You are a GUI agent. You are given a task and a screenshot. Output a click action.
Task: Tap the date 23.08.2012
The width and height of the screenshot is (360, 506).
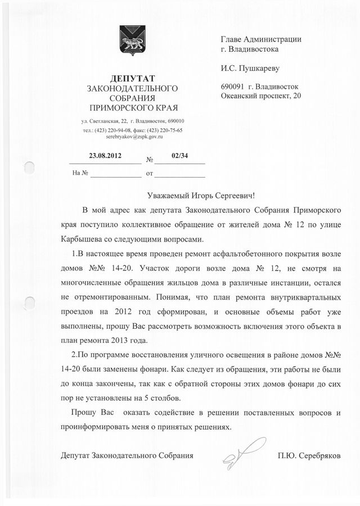click(x=105, y=155)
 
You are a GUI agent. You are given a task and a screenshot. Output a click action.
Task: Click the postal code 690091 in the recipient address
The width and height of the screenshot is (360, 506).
click(x=233, y=87)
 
